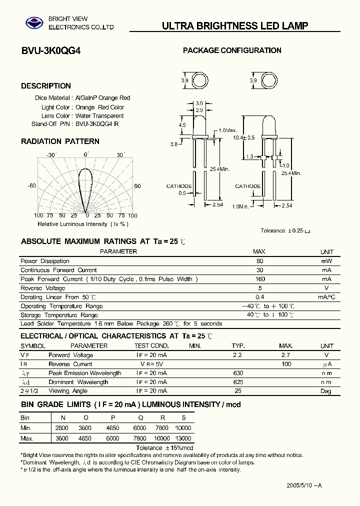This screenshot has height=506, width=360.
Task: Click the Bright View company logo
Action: click(35, 22)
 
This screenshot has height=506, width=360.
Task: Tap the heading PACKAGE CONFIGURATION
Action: click(232, 50)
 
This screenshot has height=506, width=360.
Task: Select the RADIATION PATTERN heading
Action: click(60, 141)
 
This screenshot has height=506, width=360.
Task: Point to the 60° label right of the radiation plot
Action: click(138, 186)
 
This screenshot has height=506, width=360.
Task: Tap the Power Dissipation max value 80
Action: click(259, 261)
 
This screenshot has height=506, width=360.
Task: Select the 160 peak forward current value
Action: click(259, 279)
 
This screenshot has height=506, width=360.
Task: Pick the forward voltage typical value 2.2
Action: click(237, 355)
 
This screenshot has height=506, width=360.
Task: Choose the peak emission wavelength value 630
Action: click(238, 373)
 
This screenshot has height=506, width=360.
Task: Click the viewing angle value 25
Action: click(237, 391)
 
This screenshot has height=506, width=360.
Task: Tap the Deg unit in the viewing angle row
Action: click(326, 391)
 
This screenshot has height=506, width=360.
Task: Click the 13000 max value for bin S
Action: click(183, 438)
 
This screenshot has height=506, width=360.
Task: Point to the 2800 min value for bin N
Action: click(61, 428)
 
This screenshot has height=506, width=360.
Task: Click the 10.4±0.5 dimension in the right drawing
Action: click(243, 137)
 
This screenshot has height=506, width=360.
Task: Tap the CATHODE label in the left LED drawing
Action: click(179, 186)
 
